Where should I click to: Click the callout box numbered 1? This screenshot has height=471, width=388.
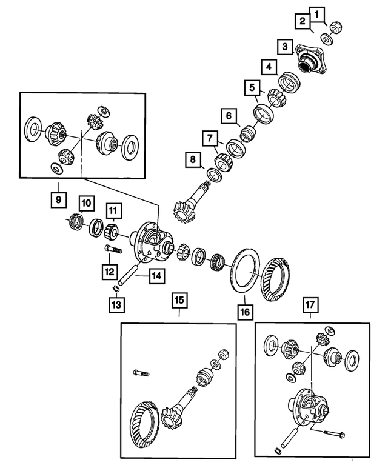click(x=319, y=12)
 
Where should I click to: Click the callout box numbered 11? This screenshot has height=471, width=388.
click(x=113, y=211)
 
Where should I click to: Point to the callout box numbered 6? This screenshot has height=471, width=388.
click(x=229, y=115)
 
